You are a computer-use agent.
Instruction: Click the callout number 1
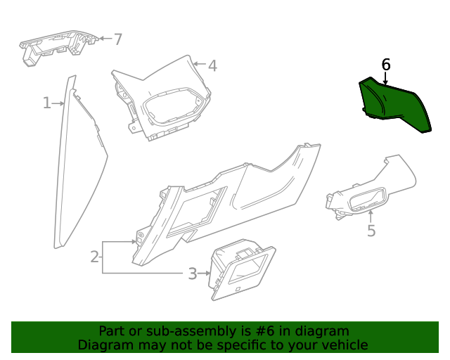(47, 103)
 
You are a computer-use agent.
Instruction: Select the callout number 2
(95, 257)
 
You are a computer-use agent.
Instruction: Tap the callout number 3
(192, 274)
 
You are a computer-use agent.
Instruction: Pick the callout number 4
(212, 66)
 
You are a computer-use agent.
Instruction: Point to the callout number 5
(371, 231)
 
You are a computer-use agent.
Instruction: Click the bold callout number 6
(385, 65)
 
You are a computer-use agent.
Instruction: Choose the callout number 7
(117, 39)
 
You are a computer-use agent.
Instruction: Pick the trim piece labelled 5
(373, 193)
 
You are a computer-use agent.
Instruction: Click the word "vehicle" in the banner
(342, 345)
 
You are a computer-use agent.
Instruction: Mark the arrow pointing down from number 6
(385, 79)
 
